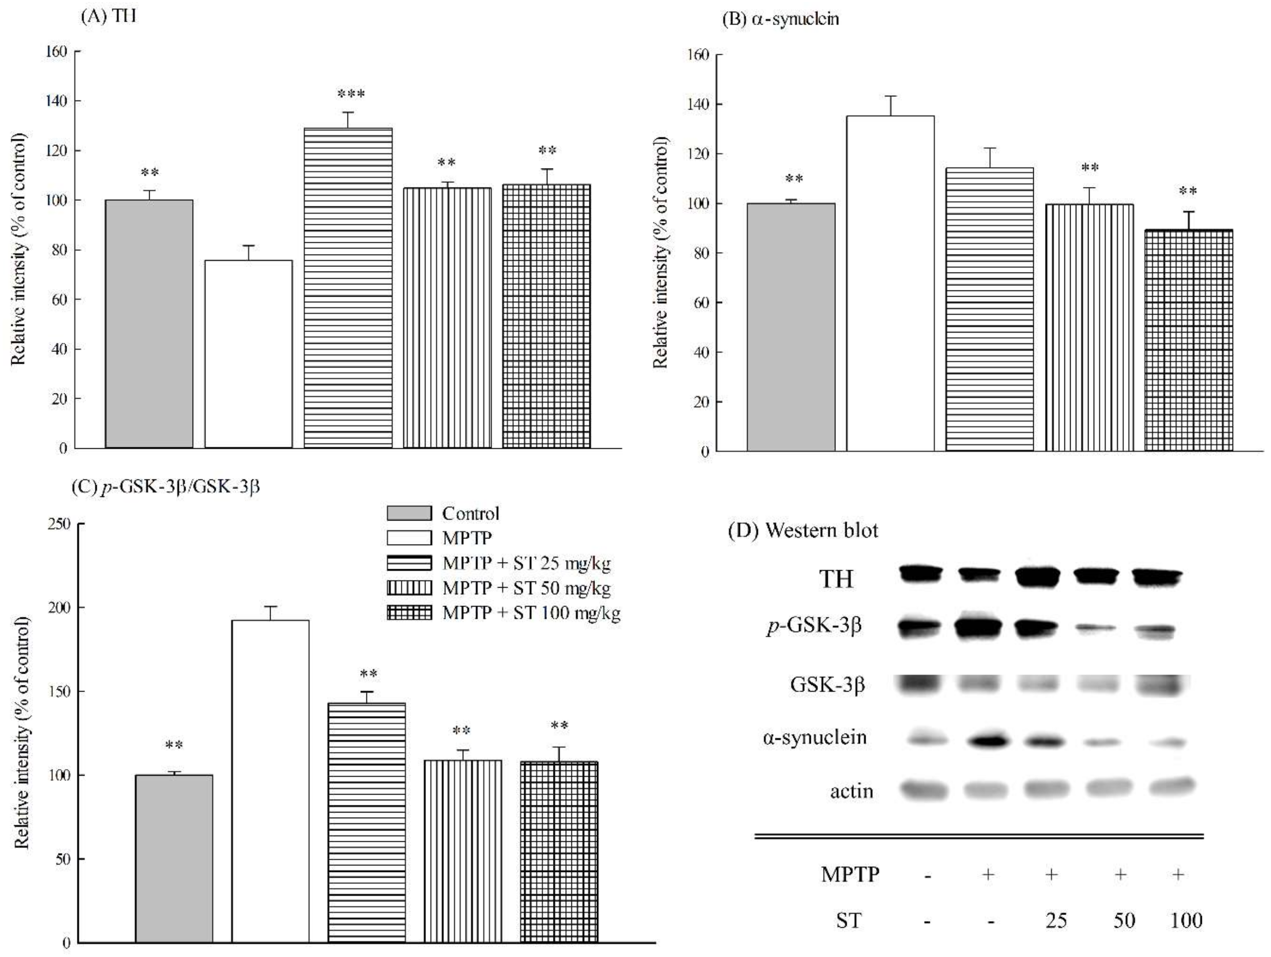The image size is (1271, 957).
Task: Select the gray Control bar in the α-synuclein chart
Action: (791, 327)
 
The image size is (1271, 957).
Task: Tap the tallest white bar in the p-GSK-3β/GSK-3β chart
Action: (270, 781)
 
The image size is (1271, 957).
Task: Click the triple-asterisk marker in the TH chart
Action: (351, 94)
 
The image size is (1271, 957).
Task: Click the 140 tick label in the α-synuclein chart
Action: (698, 105)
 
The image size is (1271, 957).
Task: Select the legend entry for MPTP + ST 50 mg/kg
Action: (526, 588)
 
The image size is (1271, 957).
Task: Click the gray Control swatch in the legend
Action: (408, 513)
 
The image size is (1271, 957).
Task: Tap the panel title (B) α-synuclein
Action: (781, 19)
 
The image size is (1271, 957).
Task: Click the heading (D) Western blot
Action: (803, 530)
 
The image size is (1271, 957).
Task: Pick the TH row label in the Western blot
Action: (836, 578)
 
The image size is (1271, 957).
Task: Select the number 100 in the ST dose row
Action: (1186, 920)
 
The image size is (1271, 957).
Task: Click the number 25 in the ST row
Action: (1056, 920)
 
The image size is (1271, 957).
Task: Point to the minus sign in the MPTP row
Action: (929, 876)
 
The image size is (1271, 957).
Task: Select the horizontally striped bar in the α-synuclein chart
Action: (990, 309)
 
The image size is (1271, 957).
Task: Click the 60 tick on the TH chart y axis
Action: (59, 299)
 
